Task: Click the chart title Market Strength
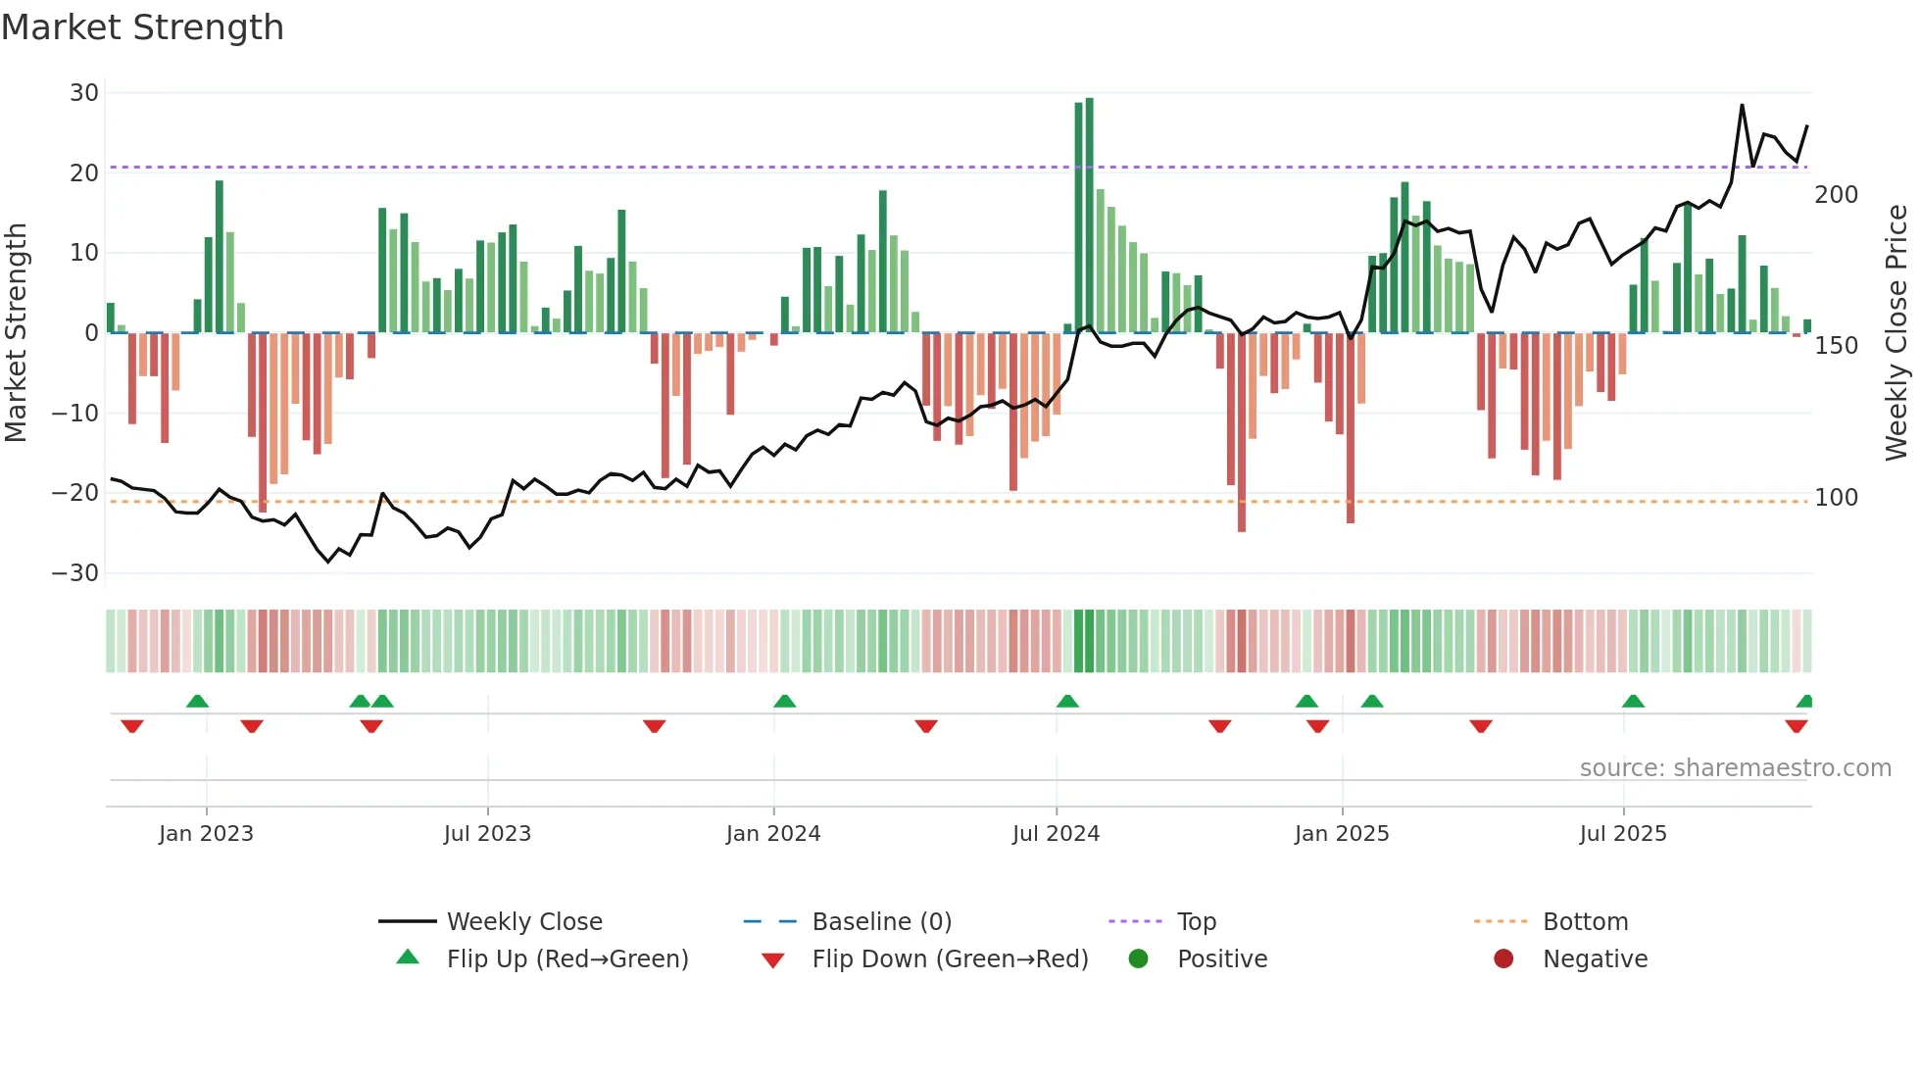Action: click(142, 27)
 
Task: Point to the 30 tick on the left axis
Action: click(84, 93)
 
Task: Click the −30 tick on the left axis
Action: click(75, 573)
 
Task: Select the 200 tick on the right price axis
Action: click(1836, 195)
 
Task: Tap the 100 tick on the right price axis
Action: click(1836, 498)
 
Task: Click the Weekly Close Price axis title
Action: click(1896, 333)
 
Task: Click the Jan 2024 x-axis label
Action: click(773, 834)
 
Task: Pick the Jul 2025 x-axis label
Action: click(1623, 834)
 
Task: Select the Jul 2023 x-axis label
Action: click(487, 834)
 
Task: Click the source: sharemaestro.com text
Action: click(1735, 768)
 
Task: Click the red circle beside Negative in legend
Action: click(1503, 959)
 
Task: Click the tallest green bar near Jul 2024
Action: click(1090, 216)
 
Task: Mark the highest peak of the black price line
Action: click(1742, 105)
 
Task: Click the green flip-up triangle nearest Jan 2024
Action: click(784, 701)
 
